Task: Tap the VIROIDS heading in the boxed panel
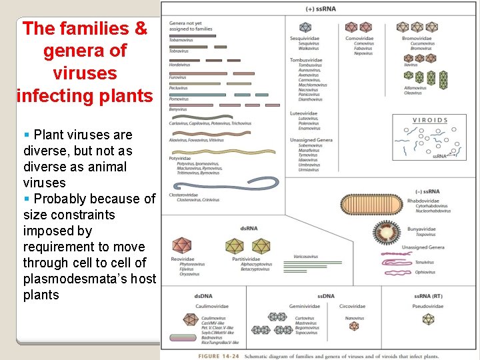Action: [431, 121]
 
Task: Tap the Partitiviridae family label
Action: [247, 259]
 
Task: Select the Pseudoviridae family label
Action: [428, 307]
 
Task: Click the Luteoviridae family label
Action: [303, 114]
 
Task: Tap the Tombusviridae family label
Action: [306, 60]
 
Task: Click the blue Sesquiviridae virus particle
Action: [305, 27]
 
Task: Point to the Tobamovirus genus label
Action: [181, 40]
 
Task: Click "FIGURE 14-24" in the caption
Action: [218, 355]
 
